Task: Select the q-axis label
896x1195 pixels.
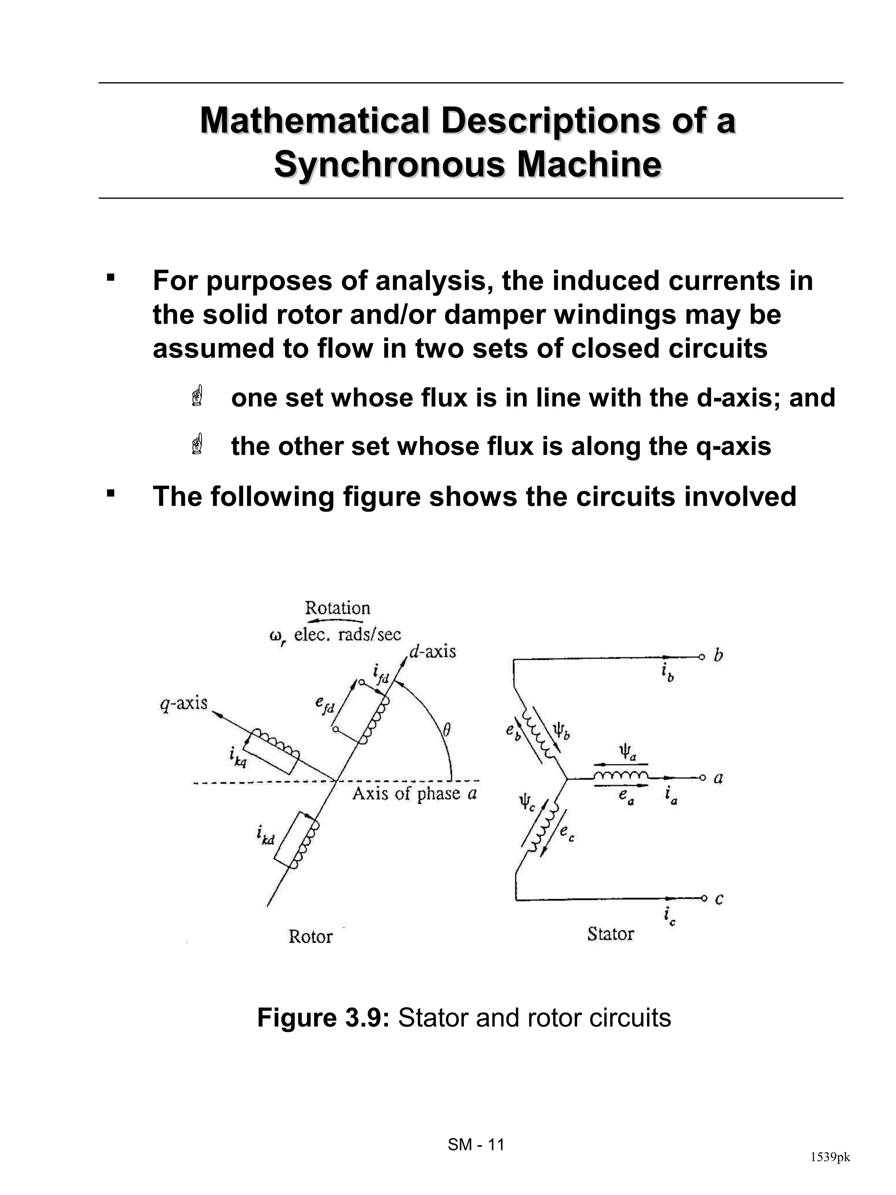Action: pos(184,703)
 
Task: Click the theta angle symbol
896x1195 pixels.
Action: pos(446,731)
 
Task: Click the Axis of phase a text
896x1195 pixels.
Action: pos(414,794)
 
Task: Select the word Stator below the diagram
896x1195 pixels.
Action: pos(610,934)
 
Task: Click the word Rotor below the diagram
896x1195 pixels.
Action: pos(310,936)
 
